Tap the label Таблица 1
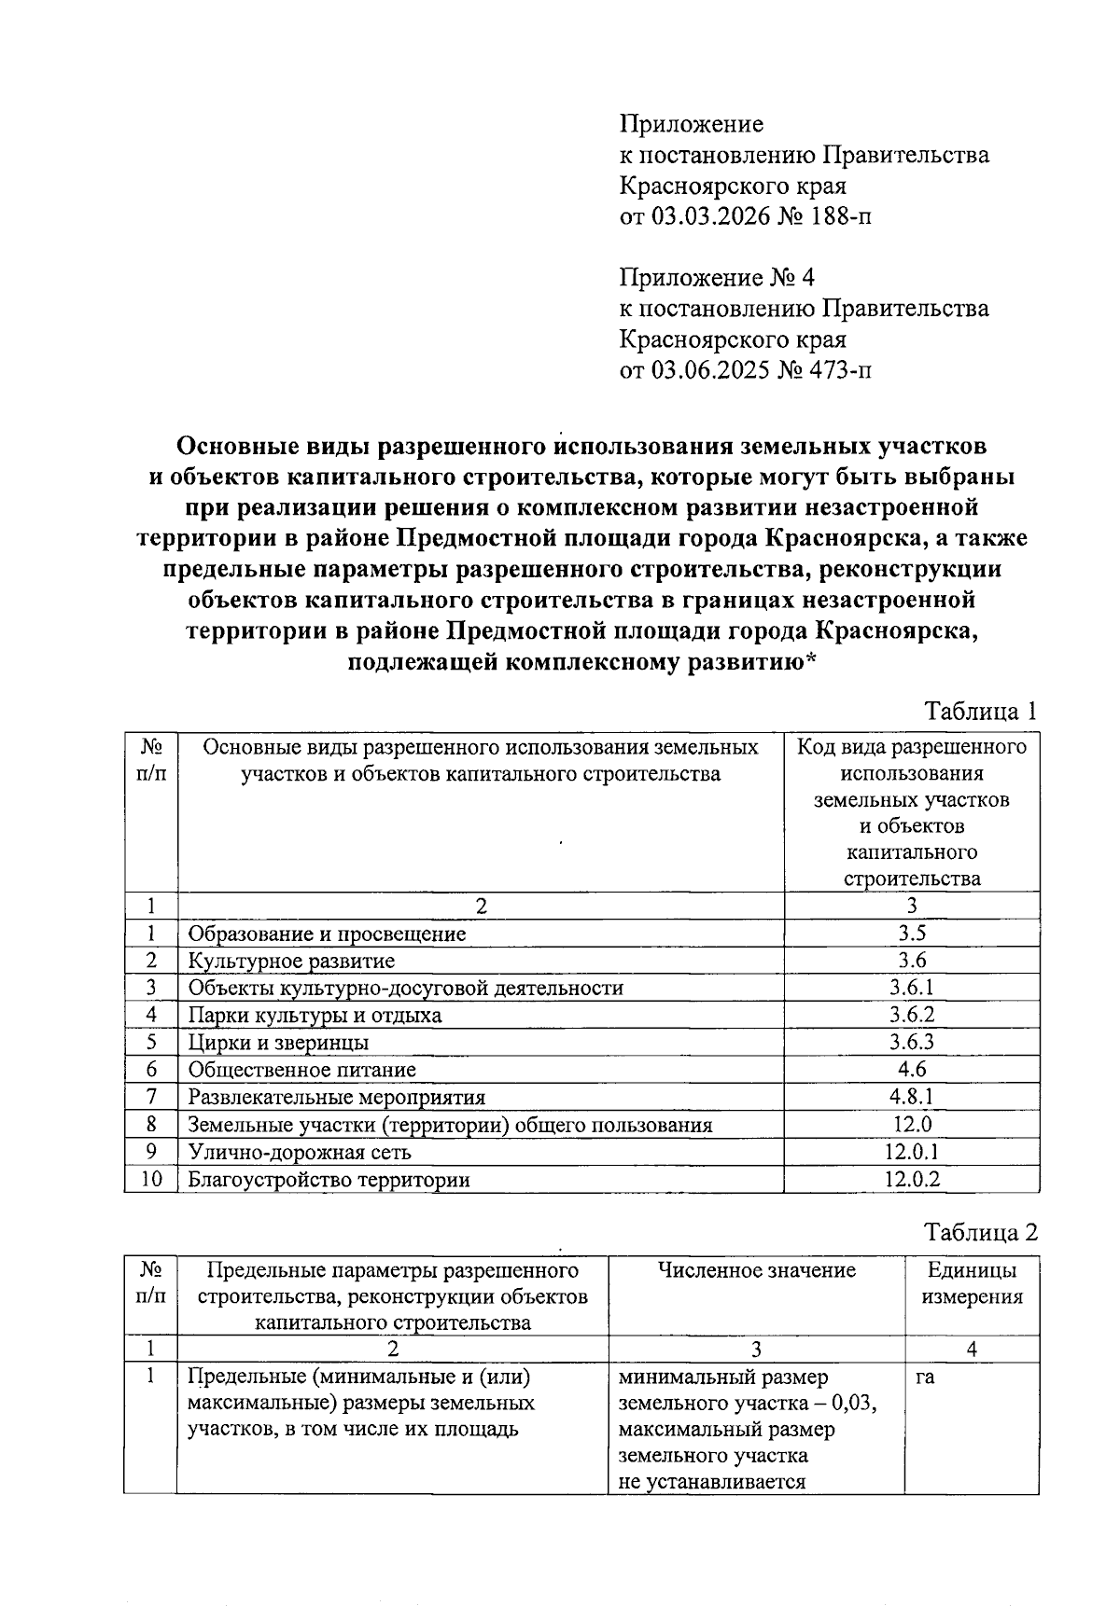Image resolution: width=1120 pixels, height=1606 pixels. [980, 712]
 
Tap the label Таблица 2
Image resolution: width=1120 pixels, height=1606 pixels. [980, 1232]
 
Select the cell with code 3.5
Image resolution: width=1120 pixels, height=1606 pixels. [912, 934]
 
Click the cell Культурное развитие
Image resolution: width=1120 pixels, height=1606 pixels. [291, 961]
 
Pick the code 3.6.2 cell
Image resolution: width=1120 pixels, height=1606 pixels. [912, 1015]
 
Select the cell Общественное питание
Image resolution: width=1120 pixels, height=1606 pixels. [301, 1070]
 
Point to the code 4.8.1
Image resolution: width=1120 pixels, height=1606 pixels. [912, 1097]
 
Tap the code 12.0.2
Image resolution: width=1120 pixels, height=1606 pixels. [912, 1179]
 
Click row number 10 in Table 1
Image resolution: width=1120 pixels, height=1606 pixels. [151, 1179]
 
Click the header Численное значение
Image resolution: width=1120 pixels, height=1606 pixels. [756, 1270]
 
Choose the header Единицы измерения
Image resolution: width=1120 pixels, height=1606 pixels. [972, 1283]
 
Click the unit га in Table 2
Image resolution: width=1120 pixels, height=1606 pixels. [925, 1377]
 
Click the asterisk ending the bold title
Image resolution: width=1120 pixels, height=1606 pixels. [810, 661]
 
